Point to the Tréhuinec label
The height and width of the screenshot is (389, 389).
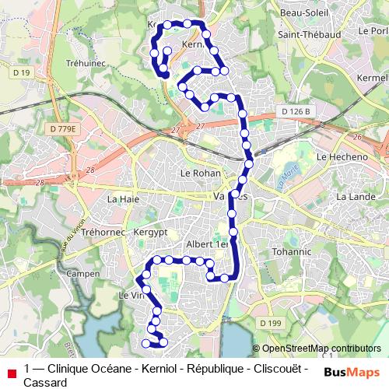pos(107,62)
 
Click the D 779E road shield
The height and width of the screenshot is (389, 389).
pos(63,128)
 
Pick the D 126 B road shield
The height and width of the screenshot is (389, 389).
pos(296,112)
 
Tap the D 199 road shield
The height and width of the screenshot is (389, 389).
pos(272,323)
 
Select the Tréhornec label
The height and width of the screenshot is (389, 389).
pos(103,233)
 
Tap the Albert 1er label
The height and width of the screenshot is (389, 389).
pos(203,244)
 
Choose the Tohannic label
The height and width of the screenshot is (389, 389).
pos(293,252)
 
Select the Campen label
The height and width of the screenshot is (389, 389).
pos(82,275)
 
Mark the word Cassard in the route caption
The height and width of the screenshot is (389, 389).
pos(45,383)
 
